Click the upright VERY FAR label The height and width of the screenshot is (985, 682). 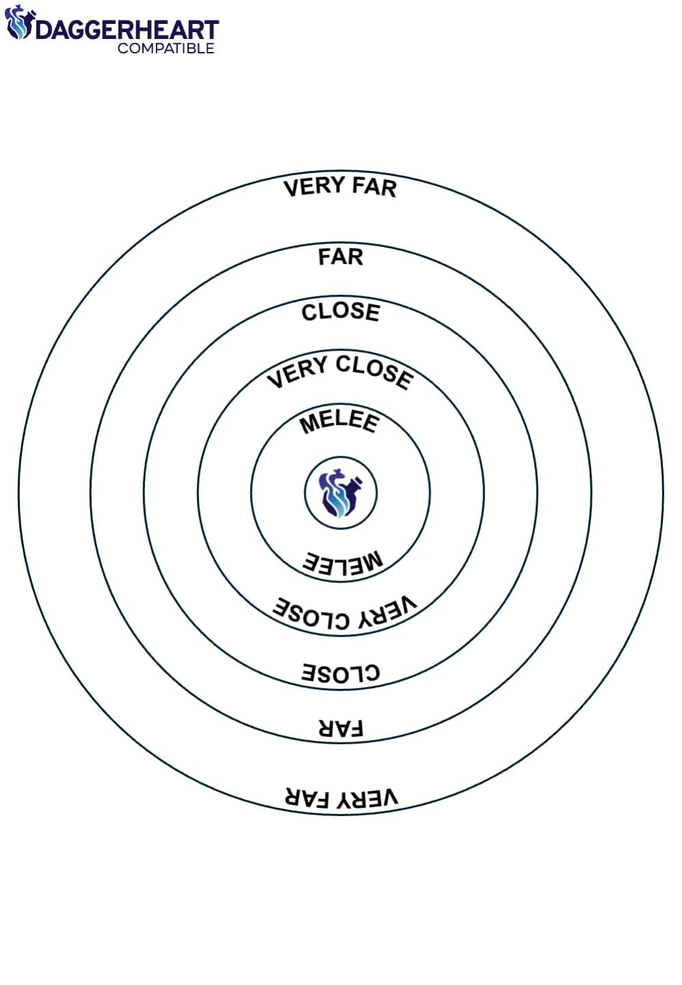340,187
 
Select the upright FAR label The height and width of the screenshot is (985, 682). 341,257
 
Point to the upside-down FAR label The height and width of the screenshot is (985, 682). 341,728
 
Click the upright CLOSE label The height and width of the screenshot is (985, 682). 341,312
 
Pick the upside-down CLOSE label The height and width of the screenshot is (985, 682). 341,673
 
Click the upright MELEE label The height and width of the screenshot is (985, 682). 339,423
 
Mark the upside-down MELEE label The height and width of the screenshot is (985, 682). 343,564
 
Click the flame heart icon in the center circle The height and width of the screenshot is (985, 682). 341,492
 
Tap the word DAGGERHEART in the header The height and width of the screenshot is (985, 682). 127,30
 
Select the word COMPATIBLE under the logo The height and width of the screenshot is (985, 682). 166,48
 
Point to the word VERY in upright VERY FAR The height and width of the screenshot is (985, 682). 314,187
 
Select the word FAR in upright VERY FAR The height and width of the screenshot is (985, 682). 374,187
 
